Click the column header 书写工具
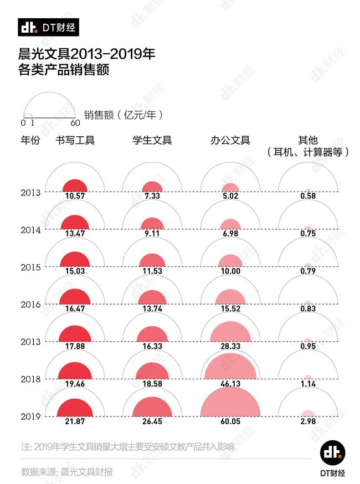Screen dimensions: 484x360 [x=75, y=140]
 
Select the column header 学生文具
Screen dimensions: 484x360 [x=152, y=140]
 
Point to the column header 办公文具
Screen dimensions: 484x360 [x=230, y=140]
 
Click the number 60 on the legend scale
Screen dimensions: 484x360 [x=75, y=123]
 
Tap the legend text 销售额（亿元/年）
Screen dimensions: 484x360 [x=124, y=115]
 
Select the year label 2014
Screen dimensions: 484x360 [x=30, y=230]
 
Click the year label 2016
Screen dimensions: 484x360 [x=30, y=305]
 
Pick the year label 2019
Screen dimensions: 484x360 [x=30, y=416]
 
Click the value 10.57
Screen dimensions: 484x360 [x=74, y=196]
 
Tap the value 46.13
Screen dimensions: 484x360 [x=230, y=383]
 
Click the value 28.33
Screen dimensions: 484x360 [x=230, y=346]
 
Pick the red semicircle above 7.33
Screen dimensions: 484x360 [x=152, y=188]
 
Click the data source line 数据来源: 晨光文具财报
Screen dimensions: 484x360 [x=67, y=472]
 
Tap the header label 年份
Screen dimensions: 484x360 [x=30, y=140]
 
